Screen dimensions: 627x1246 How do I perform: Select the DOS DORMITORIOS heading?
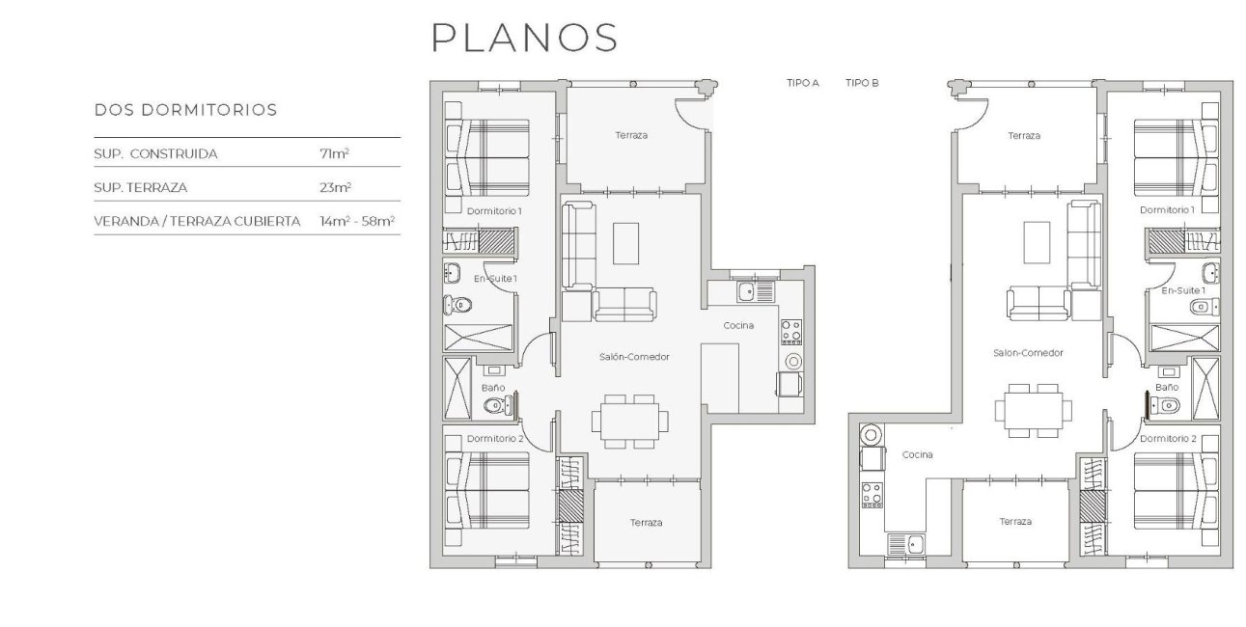pyautogui.click(x=185, y=110)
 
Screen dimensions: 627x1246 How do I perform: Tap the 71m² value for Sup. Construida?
pyautogui.click(x=334, y=153)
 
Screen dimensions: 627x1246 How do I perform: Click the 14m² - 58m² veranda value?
pyautogui.click(x=357, y=221)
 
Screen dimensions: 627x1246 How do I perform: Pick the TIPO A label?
pyautogui.click(x=802, y=84)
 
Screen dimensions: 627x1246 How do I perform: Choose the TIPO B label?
pyautogui.click(x=862, y=84)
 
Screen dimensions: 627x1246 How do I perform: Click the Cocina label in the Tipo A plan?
pyautogui.click(x=739, y=326)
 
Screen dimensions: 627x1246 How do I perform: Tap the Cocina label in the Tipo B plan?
pyautogui.click(x=917, y=455)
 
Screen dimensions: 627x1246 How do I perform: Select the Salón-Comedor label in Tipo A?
pyautogui.click(x=634, y=357)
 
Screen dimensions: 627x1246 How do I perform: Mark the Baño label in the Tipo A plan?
pyautogui.click(x=493, y=388)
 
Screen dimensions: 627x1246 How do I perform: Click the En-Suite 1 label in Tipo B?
pyautogui.click(x=1182, y=290)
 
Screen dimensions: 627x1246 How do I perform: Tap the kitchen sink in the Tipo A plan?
pyautogui.click(x=746, y=289)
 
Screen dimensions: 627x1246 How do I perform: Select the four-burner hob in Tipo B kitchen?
pyautogui.click(x=872, y=495)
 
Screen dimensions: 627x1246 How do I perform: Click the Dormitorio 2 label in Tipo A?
pyautogui.click(x=495, y=439)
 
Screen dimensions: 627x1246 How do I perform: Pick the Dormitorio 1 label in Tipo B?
pyautogui.click(x=1167, y=210)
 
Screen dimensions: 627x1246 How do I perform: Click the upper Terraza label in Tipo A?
pyautogui.click(x=631, y=136)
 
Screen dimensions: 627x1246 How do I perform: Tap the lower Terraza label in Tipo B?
pyautogui.click(x=1015, y=522)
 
